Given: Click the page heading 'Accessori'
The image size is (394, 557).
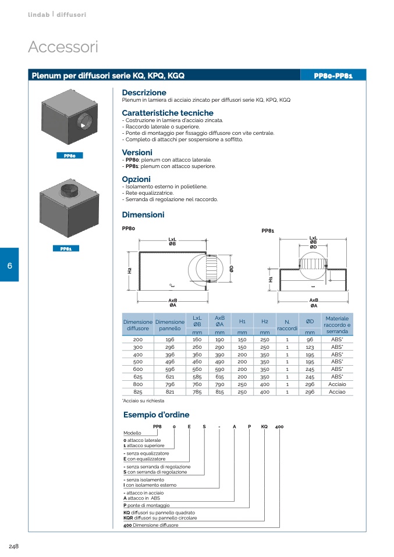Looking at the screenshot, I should [63, 47].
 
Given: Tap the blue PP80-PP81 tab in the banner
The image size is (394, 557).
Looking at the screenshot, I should [333, 76].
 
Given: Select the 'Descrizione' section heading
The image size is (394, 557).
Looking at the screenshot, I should [144, 93].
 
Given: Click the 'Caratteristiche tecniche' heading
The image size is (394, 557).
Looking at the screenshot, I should [168, 113].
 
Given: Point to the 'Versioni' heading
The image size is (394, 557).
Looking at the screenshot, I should [137, 152].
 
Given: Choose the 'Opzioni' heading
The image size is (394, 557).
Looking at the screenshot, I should [136, 179].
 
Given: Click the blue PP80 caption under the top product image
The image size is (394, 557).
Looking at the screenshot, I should [70, 155].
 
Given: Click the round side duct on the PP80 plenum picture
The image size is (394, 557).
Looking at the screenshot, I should [84, 123].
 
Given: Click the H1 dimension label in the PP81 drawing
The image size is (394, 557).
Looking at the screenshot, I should [271, 279].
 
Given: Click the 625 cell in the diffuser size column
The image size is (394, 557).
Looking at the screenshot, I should [138, 376].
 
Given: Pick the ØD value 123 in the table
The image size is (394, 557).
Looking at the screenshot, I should [310, 347].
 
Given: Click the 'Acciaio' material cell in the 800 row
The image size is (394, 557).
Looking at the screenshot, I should [337, 384].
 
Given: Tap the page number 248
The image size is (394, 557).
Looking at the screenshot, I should [15, 545].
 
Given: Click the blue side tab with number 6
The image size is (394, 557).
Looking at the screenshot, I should [9, 265].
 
